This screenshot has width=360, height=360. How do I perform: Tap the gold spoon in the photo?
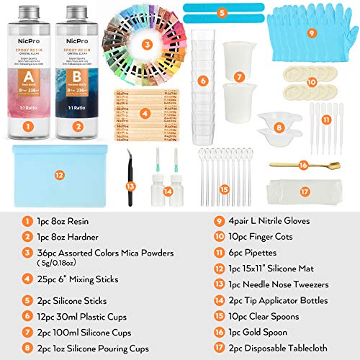click(x=302, y=166)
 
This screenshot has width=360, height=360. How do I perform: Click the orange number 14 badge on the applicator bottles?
click(x=167, y=192)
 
